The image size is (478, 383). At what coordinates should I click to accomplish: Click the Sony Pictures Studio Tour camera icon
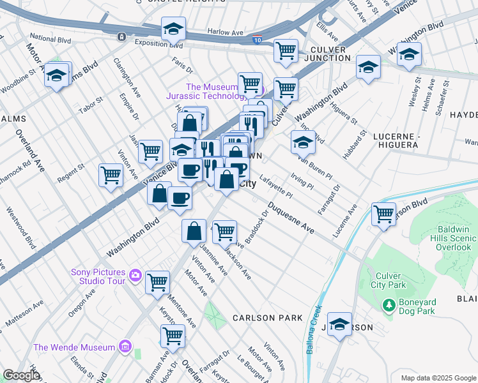click(x=135, y=275)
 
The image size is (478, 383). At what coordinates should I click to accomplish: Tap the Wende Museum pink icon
click(x=125, y=347)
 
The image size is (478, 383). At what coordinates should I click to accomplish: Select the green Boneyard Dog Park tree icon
click(x=388, y=305)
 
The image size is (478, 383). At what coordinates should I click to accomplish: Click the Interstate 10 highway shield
click(x=256, y=40)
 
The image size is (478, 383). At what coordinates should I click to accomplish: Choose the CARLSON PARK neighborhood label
click(x=263, y=317)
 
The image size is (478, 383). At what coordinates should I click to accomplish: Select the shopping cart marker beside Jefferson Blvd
click(x=383, y=214)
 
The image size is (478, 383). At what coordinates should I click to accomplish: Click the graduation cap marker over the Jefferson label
click(x=340, y=324)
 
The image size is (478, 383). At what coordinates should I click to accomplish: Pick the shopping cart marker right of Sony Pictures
click(x=157, y=282)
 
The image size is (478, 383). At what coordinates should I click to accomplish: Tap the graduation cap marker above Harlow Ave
click(x=173, y=29)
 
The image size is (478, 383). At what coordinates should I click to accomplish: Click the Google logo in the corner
click(x=21, y=375)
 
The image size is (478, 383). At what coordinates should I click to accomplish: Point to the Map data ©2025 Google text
click(x=438, y=378)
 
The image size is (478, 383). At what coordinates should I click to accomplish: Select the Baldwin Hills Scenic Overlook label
click(x=456, y=238)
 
